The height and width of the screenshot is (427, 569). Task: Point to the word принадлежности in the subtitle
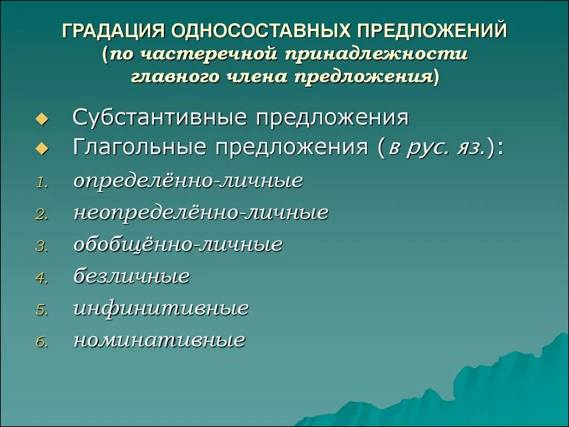[377, 54]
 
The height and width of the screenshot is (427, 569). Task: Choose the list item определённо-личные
[188, 181]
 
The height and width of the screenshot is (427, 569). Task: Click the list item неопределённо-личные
[201, 212]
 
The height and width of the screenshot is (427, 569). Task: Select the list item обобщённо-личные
[178, 245]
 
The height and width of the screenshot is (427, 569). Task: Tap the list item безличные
[132, 276]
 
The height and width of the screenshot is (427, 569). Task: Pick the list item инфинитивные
[161, 309]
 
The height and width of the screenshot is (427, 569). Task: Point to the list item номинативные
[159, 340]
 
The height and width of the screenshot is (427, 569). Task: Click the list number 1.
[42, 183]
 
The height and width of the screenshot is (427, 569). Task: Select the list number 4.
[42, 279]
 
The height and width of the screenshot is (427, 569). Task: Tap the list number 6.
[42, 342]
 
